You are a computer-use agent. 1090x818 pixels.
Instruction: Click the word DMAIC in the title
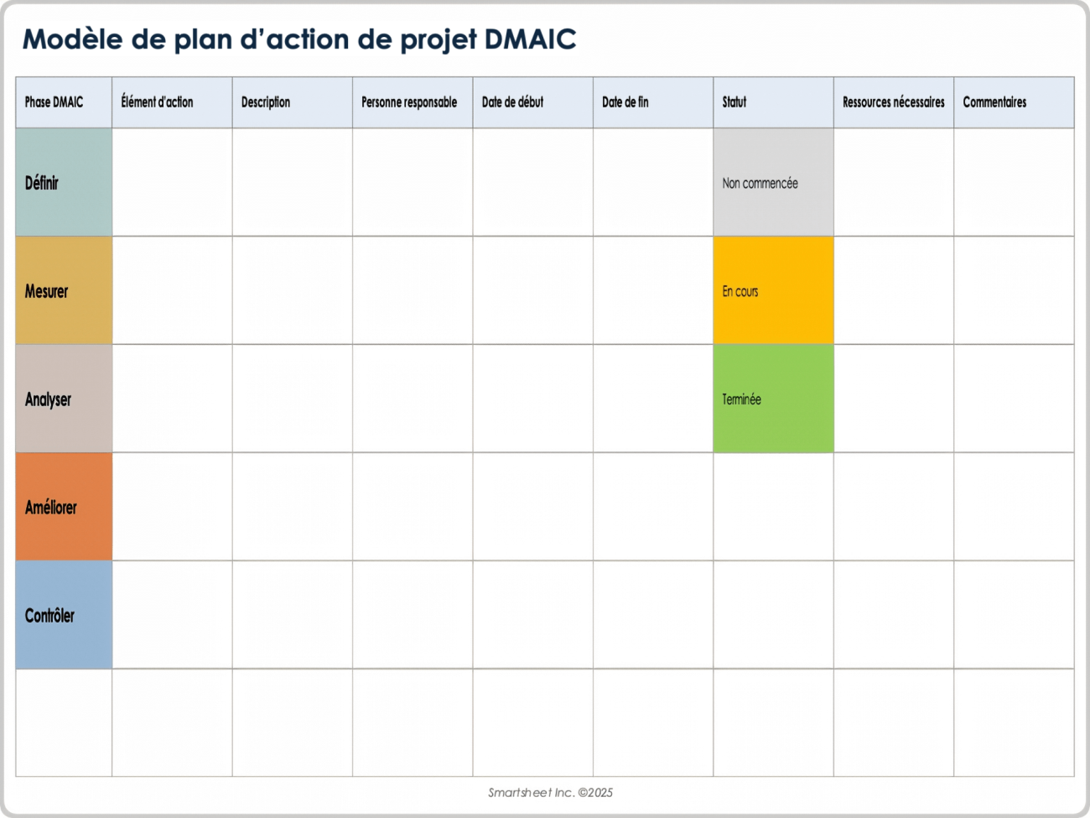[x=530, y=39]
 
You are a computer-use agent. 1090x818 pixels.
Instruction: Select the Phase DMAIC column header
[x=54, y=102]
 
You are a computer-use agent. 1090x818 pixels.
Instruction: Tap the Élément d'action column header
[x=158, y=102]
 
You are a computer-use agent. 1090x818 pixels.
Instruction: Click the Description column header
[x=266, y=102]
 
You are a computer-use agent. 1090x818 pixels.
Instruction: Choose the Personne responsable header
[x=409, y=102]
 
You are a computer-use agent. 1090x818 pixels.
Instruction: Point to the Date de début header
[x=512, y=102]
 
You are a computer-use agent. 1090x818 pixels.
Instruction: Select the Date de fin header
[x=625, y=102]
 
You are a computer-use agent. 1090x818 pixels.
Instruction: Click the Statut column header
[x=734, y=102]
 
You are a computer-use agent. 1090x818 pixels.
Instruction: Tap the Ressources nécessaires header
[x=893, y=102]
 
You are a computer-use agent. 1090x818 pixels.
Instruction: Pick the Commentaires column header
[x=994, y=102]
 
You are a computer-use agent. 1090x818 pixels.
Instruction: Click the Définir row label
[x=43, y=183]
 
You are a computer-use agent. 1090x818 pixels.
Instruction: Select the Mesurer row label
[x=47, y=291]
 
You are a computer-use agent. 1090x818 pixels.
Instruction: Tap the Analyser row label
[x=49, y=399]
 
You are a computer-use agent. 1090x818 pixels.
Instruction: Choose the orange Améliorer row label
[x=51, y=508]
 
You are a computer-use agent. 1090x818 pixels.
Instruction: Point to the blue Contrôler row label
[x=50, y=616]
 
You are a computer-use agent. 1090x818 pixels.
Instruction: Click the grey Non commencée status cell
[x=760, y=183]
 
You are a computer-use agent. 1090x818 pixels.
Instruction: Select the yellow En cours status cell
[x=740, y=291]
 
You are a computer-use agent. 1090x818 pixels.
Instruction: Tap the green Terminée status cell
[x=742, y=399]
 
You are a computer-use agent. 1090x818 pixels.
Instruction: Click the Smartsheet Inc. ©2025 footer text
[x=550, y=792]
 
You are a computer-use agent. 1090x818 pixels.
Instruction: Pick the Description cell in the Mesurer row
[x=292, y=290]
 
